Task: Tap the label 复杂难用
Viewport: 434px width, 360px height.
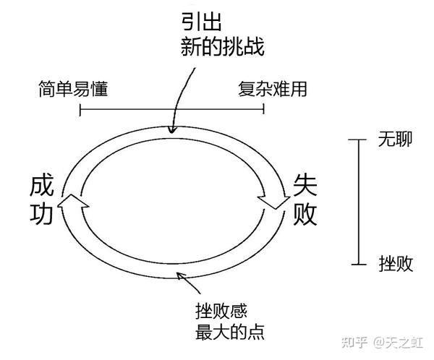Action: click(272, 90)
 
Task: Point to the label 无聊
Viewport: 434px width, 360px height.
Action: click(395, 139)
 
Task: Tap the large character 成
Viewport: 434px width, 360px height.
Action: click(42, 186)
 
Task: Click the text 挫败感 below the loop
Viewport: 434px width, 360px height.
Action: click(221, 311)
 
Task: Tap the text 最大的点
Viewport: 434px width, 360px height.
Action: click(231, 333)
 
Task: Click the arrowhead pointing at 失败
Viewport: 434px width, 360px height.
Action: click(275, 198)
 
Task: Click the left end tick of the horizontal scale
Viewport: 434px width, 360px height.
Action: click(80, 110)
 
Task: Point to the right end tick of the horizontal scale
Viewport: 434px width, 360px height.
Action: click(263, 110)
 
